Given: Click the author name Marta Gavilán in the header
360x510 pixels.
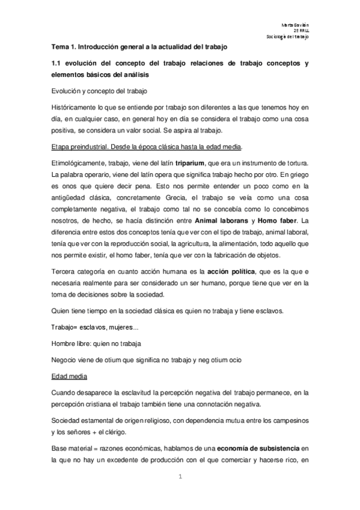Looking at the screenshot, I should coord(296,23).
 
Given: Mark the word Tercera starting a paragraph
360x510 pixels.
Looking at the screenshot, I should coord(66,271).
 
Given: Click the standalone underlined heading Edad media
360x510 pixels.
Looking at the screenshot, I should coord(70,376).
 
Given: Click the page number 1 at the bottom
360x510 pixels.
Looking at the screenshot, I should coord(180,477).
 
